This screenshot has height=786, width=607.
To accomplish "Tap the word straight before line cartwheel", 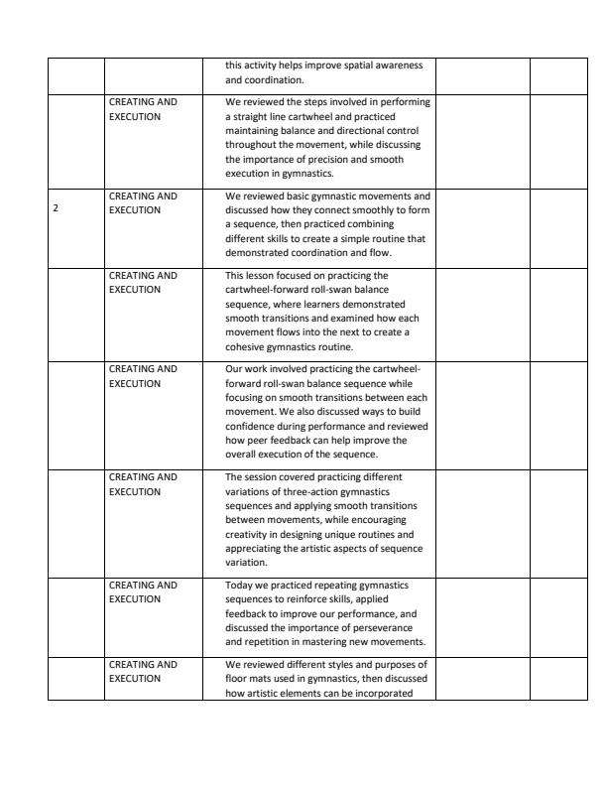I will pyautogui.click(x=245, y=116).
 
